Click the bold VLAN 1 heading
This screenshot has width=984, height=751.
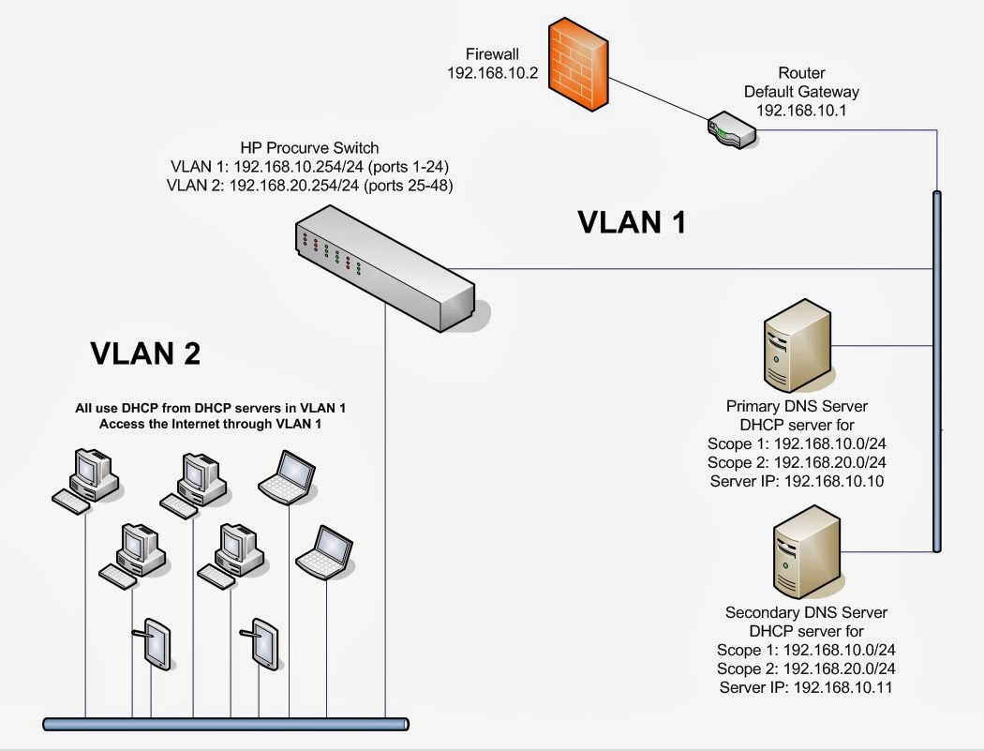point(632,222)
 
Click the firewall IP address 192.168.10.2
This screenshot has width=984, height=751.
point(492,74)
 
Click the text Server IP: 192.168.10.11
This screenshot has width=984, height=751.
point(806,687)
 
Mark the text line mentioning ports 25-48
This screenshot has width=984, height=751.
point(309,186)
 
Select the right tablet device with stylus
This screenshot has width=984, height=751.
point(264,642)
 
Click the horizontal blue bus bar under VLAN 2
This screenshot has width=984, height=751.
point(226,723)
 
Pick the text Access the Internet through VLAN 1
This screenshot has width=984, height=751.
point(216,425)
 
